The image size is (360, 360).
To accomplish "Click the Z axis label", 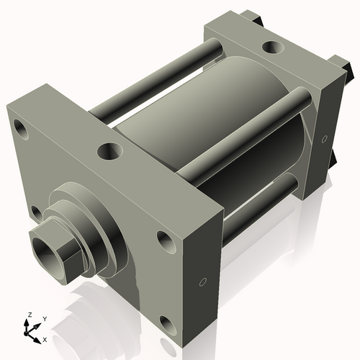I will pyautogui.click(x=28, y=315).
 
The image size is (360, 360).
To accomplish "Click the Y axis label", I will pyautogui.click(x=45, y=318).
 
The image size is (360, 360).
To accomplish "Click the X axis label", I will pyautogui.click(x=45, y=338).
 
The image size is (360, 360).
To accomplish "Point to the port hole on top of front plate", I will pyautogui.click(x=110, y=152).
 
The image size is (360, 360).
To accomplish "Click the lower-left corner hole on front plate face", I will pyautogui.click(x=35, y=212).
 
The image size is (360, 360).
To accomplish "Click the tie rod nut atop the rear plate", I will pyautogui.click(x=252, y=16).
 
